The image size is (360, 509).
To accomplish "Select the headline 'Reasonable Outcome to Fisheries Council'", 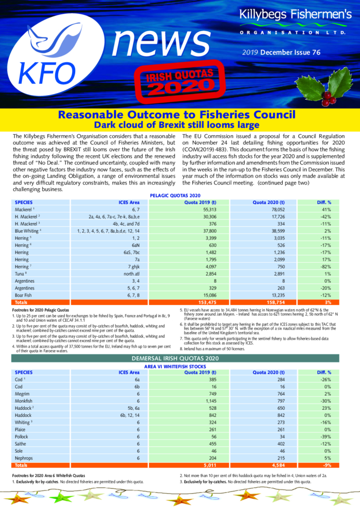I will [179, 114].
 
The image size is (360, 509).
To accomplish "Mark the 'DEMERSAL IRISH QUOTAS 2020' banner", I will [179, 357].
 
